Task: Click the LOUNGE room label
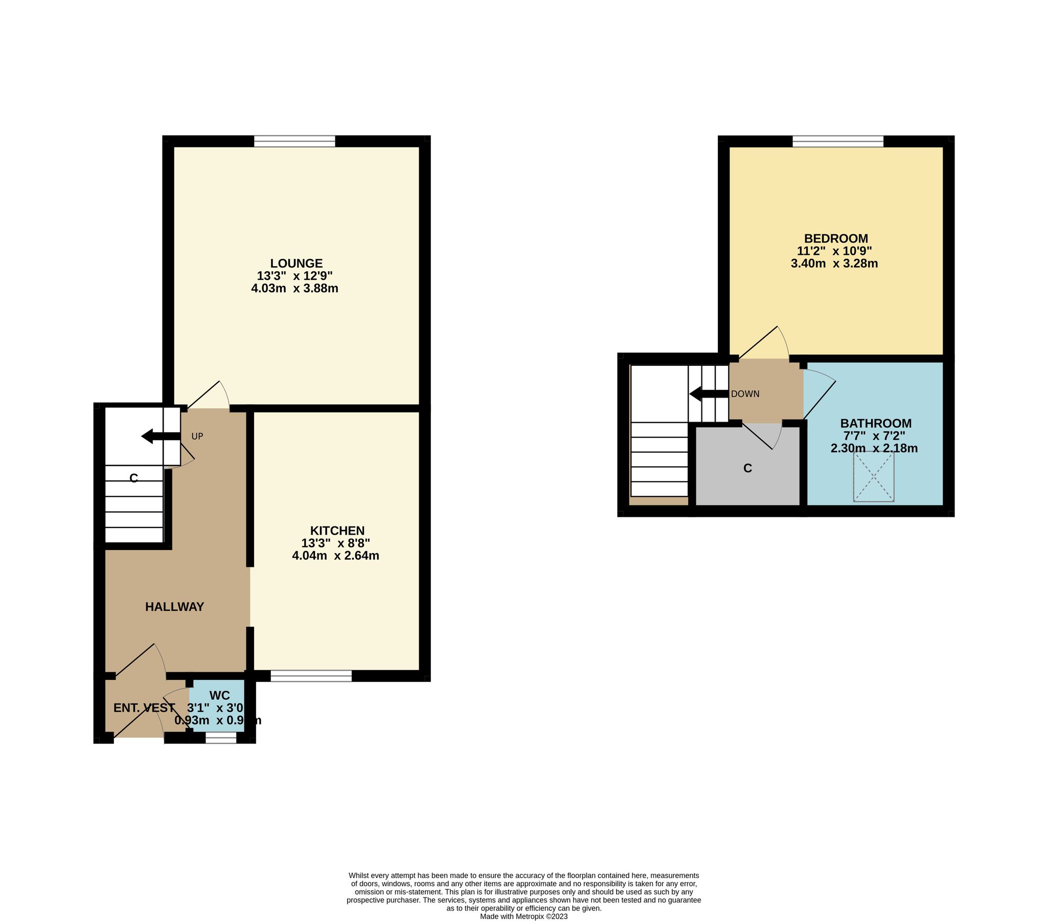(x=297, y=263)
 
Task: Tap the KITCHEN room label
(x=337, y=531)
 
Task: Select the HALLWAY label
(x=174, y=606)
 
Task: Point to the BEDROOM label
(x=836, y=238)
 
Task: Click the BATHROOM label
(x=876, y=423)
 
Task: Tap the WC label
(x=219, y=695)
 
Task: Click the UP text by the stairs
(x=197, y=436)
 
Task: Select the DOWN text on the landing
(x=745, y=394)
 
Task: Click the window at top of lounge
(x=294, y=141)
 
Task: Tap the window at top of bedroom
(x=838, y=141)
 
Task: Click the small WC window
(x=221, y=738)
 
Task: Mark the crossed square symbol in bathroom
(x=874, y=477)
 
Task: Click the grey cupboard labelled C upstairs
(x=747, y=468)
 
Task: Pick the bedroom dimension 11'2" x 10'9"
(x=834, y=251)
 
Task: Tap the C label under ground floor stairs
(x=133, y=478)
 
